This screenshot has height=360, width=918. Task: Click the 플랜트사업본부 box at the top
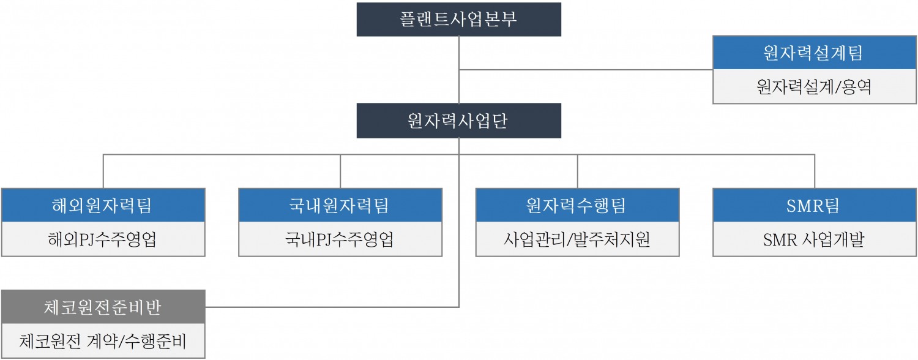[x=458, y=19]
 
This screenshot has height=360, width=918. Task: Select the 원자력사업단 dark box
[x=458, y=121]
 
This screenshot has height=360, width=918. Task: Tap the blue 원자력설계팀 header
[x=815, y=53]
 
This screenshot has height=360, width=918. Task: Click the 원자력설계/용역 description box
[x=815, y=87]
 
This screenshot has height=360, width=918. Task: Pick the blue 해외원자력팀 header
[x=103, y=205]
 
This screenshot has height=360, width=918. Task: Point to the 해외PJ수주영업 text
[x=103, y=239]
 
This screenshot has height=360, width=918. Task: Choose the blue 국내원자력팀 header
[x=340, y=205]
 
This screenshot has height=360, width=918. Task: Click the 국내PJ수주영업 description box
[x=340, y=239]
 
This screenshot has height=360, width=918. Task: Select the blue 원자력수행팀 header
[x=577, y=205]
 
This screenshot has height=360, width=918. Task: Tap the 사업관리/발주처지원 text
[x=577, y=239]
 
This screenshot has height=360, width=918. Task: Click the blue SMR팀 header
[x=815, y=205]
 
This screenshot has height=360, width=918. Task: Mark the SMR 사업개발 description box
[x=815, y=239]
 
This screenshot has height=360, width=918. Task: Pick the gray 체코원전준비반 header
[x=103, y=307]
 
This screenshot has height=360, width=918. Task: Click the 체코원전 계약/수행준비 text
[x=103, y=341]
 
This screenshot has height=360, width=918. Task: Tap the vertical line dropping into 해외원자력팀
[x=103, y=171]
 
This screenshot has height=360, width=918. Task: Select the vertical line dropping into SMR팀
[x=815, y=171]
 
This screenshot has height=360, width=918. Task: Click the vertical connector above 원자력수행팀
[x=578, y=171]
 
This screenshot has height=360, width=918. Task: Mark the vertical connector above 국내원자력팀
[x=340, y=171]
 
